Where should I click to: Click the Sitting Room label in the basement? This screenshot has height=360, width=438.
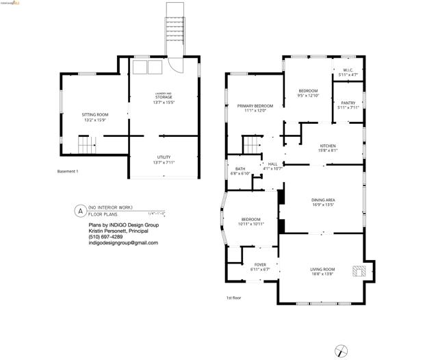point(94,117)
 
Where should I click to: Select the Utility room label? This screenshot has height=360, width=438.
point(164,159)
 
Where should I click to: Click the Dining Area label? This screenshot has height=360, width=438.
point(321,201)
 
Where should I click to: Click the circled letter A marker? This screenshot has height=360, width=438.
point(80,211)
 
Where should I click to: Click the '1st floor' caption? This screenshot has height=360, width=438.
point(234,298)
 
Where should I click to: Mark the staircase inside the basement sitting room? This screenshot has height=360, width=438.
point(86,145)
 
